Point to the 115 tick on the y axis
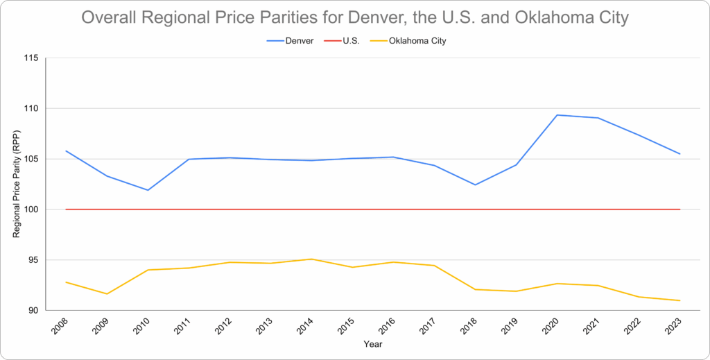49,58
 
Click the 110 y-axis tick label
49,109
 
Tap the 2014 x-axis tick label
304,327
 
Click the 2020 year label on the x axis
550,327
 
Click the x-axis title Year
372,343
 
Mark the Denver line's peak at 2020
557,115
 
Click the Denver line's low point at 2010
148,190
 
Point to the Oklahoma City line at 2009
107,293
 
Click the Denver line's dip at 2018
475,185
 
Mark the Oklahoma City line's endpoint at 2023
679,300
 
